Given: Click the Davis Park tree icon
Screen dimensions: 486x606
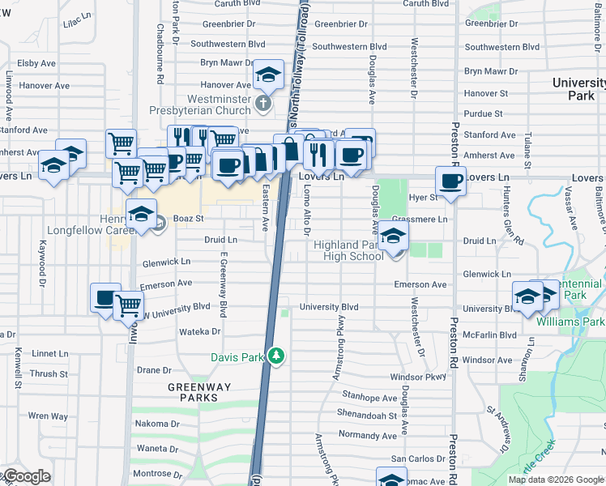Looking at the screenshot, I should click(x=277, y=356).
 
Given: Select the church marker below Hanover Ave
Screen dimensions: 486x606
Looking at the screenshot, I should click(x=262, y=104).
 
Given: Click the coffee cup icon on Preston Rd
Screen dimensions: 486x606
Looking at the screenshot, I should click(x=450, y=181).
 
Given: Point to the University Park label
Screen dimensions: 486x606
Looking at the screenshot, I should click(x=578, y=89).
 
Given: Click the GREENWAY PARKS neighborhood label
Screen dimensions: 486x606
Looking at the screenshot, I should click(x=194, y=392).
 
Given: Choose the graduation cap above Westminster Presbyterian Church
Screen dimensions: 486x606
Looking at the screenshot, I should click(x=268, y=75).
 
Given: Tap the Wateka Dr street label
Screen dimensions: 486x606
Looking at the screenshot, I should click(x=199, y=331).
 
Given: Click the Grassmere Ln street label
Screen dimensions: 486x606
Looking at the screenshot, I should click(x=419, y=219).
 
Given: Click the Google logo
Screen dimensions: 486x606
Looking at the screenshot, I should click(x=26, y=476).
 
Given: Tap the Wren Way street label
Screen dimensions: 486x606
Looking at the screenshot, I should click(x=49, y=416).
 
